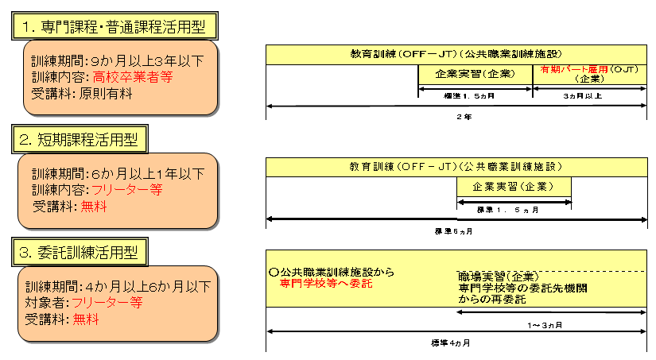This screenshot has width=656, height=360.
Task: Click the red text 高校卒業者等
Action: pyautogui.click(x=133, y=78)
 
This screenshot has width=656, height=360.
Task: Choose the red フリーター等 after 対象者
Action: pyautogui.click(x=107, y=303)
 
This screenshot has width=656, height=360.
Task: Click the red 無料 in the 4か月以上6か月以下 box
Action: pyautogui.click(x=88, y=319)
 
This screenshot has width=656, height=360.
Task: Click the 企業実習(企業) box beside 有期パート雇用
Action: pyautogui.click(x=475, y=74)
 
